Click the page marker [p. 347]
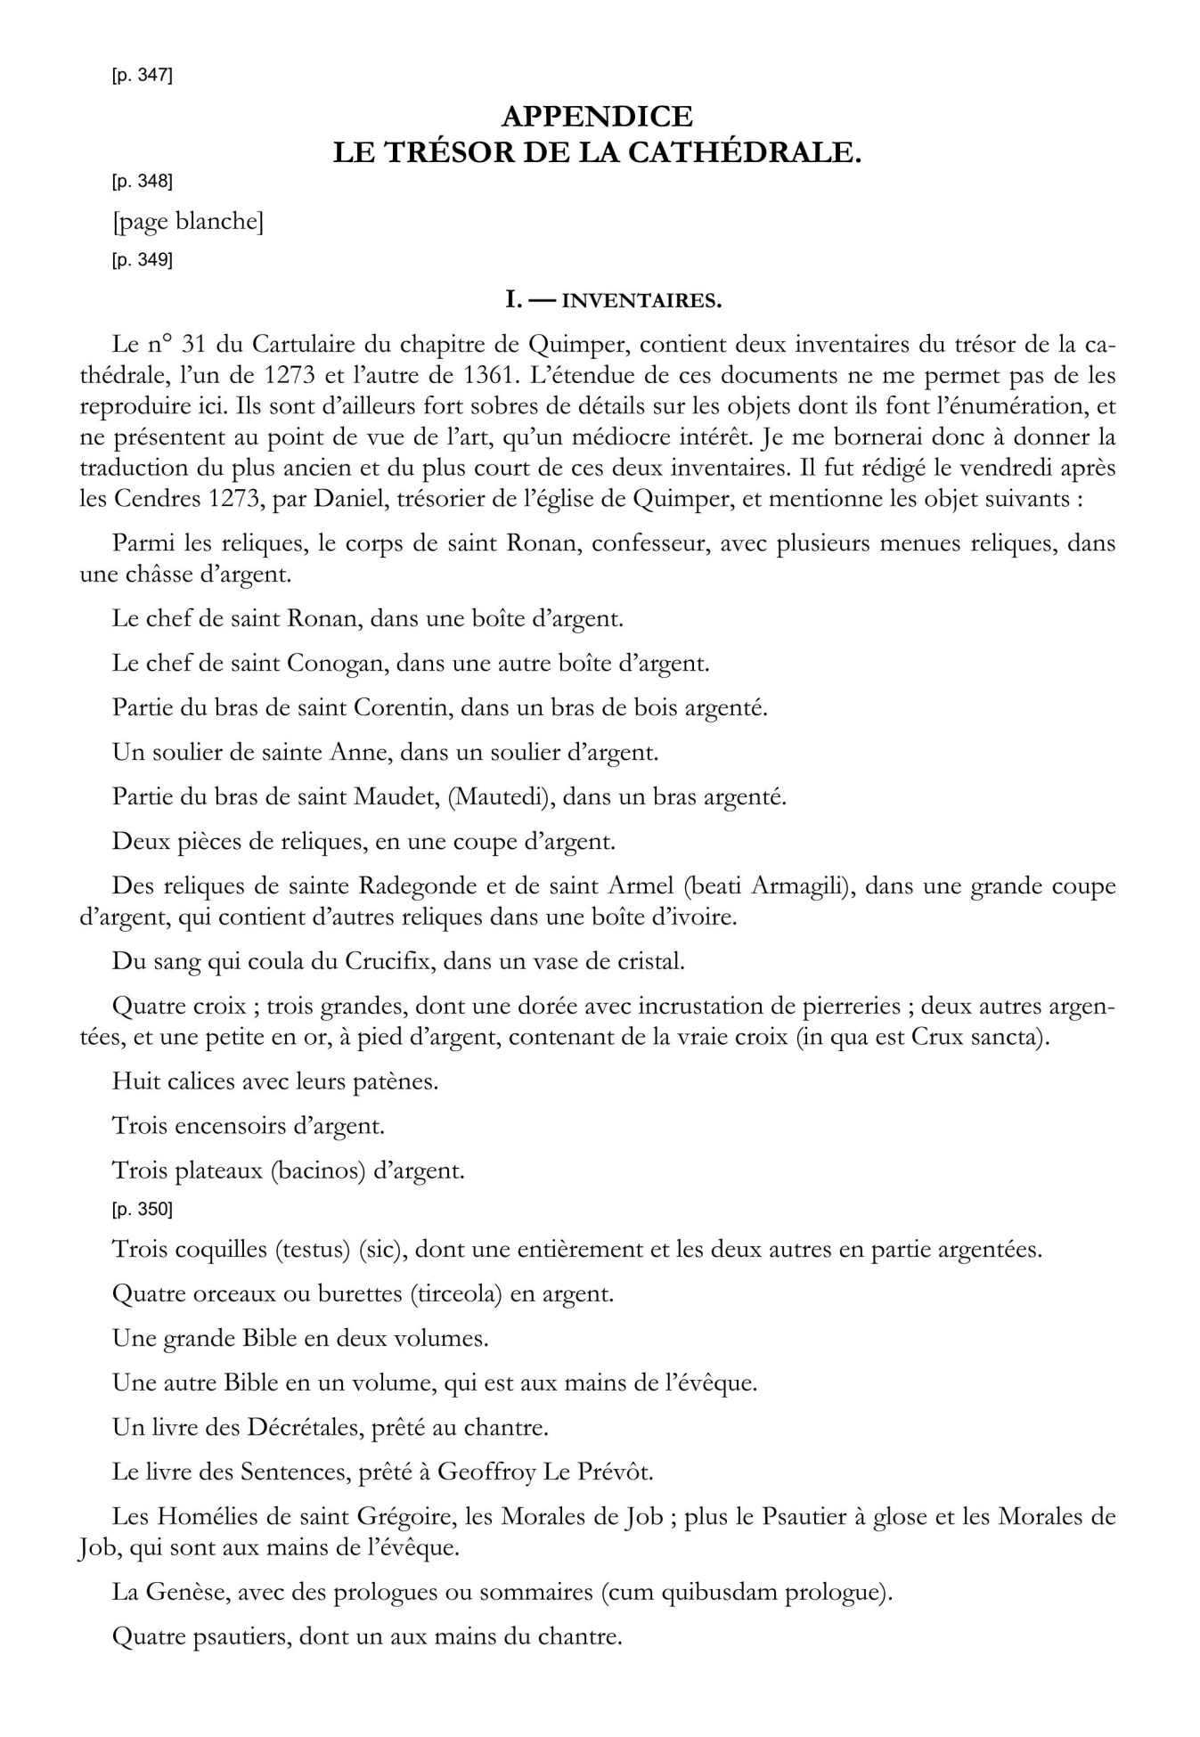(142, 76)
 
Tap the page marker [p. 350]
(142, 1210)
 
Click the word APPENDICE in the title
(597, 116)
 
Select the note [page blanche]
(188, 221)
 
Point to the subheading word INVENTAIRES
(641, 301)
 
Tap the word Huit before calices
(134, 1081)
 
